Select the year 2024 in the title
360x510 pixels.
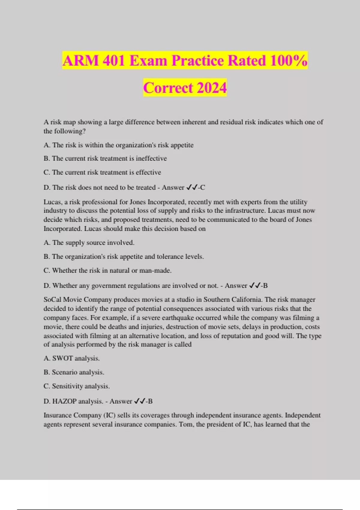click(x=211, y=88)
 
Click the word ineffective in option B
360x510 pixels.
click(x=151, y=158)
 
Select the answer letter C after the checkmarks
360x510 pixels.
click(x=203, y=187)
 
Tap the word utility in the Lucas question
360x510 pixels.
click(x=298, y=202)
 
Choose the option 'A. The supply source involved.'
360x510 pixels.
click(x=89, y=243)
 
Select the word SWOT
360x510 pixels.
click(x=62, y=358)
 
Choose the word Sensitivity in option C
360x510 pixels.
click(x=67, y=386)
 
